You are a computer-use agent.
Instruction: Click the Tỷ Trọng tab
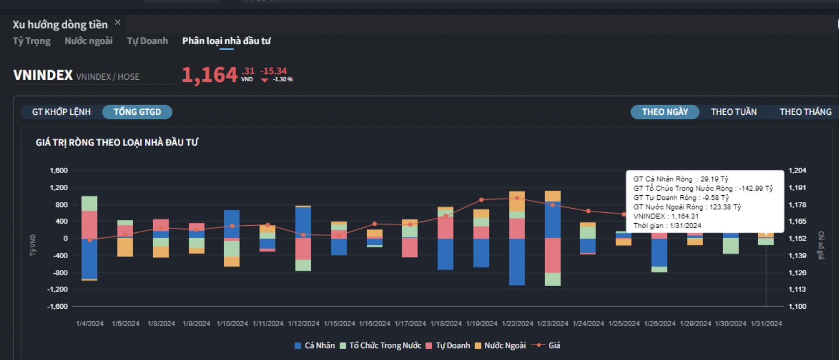(x=32, y=41)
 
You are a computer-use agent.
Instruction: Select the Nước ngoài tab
(x=88, y=41)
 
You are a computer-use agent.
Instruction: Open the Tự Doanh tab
(x=147, y=41)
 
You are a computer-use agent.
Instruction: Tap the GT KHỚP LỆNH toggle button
(x=61, y=112)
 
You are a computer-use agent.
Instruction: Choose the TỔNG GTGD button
(x=137, y=112)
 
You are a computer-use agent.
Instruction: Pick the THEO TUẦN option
(x=734, y=112)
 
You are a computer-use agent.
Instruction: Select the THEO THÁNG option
(x=806, y=112)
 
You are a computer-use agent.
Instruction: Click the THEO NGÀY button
(x=665, y=112)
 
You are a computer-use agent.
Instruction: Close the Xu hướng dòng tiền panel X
(x=118, y=23)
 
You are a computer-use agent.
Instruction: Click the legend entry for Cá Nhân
(x=314, y=345)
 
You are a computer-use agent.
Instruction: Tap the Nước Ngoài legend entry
(x=499, y=345)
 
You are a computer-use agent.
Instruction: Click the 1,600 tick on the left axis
(x=58, y=170)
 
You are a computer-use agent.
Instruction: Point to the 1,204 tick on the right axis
(x=797, y=170)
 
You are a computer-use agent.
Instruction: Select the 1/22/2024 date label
(x=517, y=324)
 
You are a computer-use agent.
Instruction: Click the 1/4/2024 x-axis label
(x=90, y=324)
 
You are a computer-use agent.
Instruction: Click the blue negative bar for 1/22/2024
(x=517, y=261)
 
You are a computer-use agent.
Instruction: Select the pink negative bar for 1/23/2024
(x=553, y=255)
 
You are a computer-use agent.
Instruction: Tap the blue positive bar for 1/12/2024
(x=303, y=223)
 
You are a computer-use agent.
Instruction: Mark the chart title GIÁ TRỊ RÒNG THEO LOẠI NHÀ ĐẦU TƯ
(x=117, y=143)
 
